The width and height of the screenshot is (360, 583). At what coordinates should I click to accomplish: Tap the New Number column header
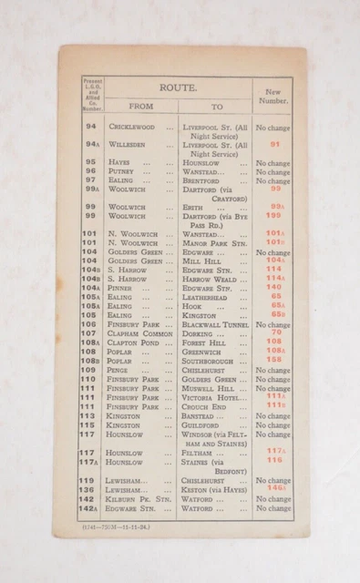point(273,94)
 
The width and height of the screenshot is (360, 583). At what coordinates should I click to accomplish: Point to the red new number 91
point(274,144)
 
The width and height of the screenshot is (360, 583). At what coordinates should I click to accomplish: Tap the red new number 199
point(274,216)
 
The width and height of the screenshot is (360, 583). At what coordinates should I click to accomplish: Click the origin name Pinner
point(121,288)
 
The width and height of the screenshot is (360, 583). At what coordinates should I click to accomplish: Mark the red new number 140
point(274,287)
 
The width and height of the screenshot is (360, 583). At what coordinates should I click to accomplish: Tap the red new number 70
point(275,332)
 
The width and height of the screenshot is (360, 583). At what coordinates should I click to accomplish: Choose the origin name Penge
point(119,370)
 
